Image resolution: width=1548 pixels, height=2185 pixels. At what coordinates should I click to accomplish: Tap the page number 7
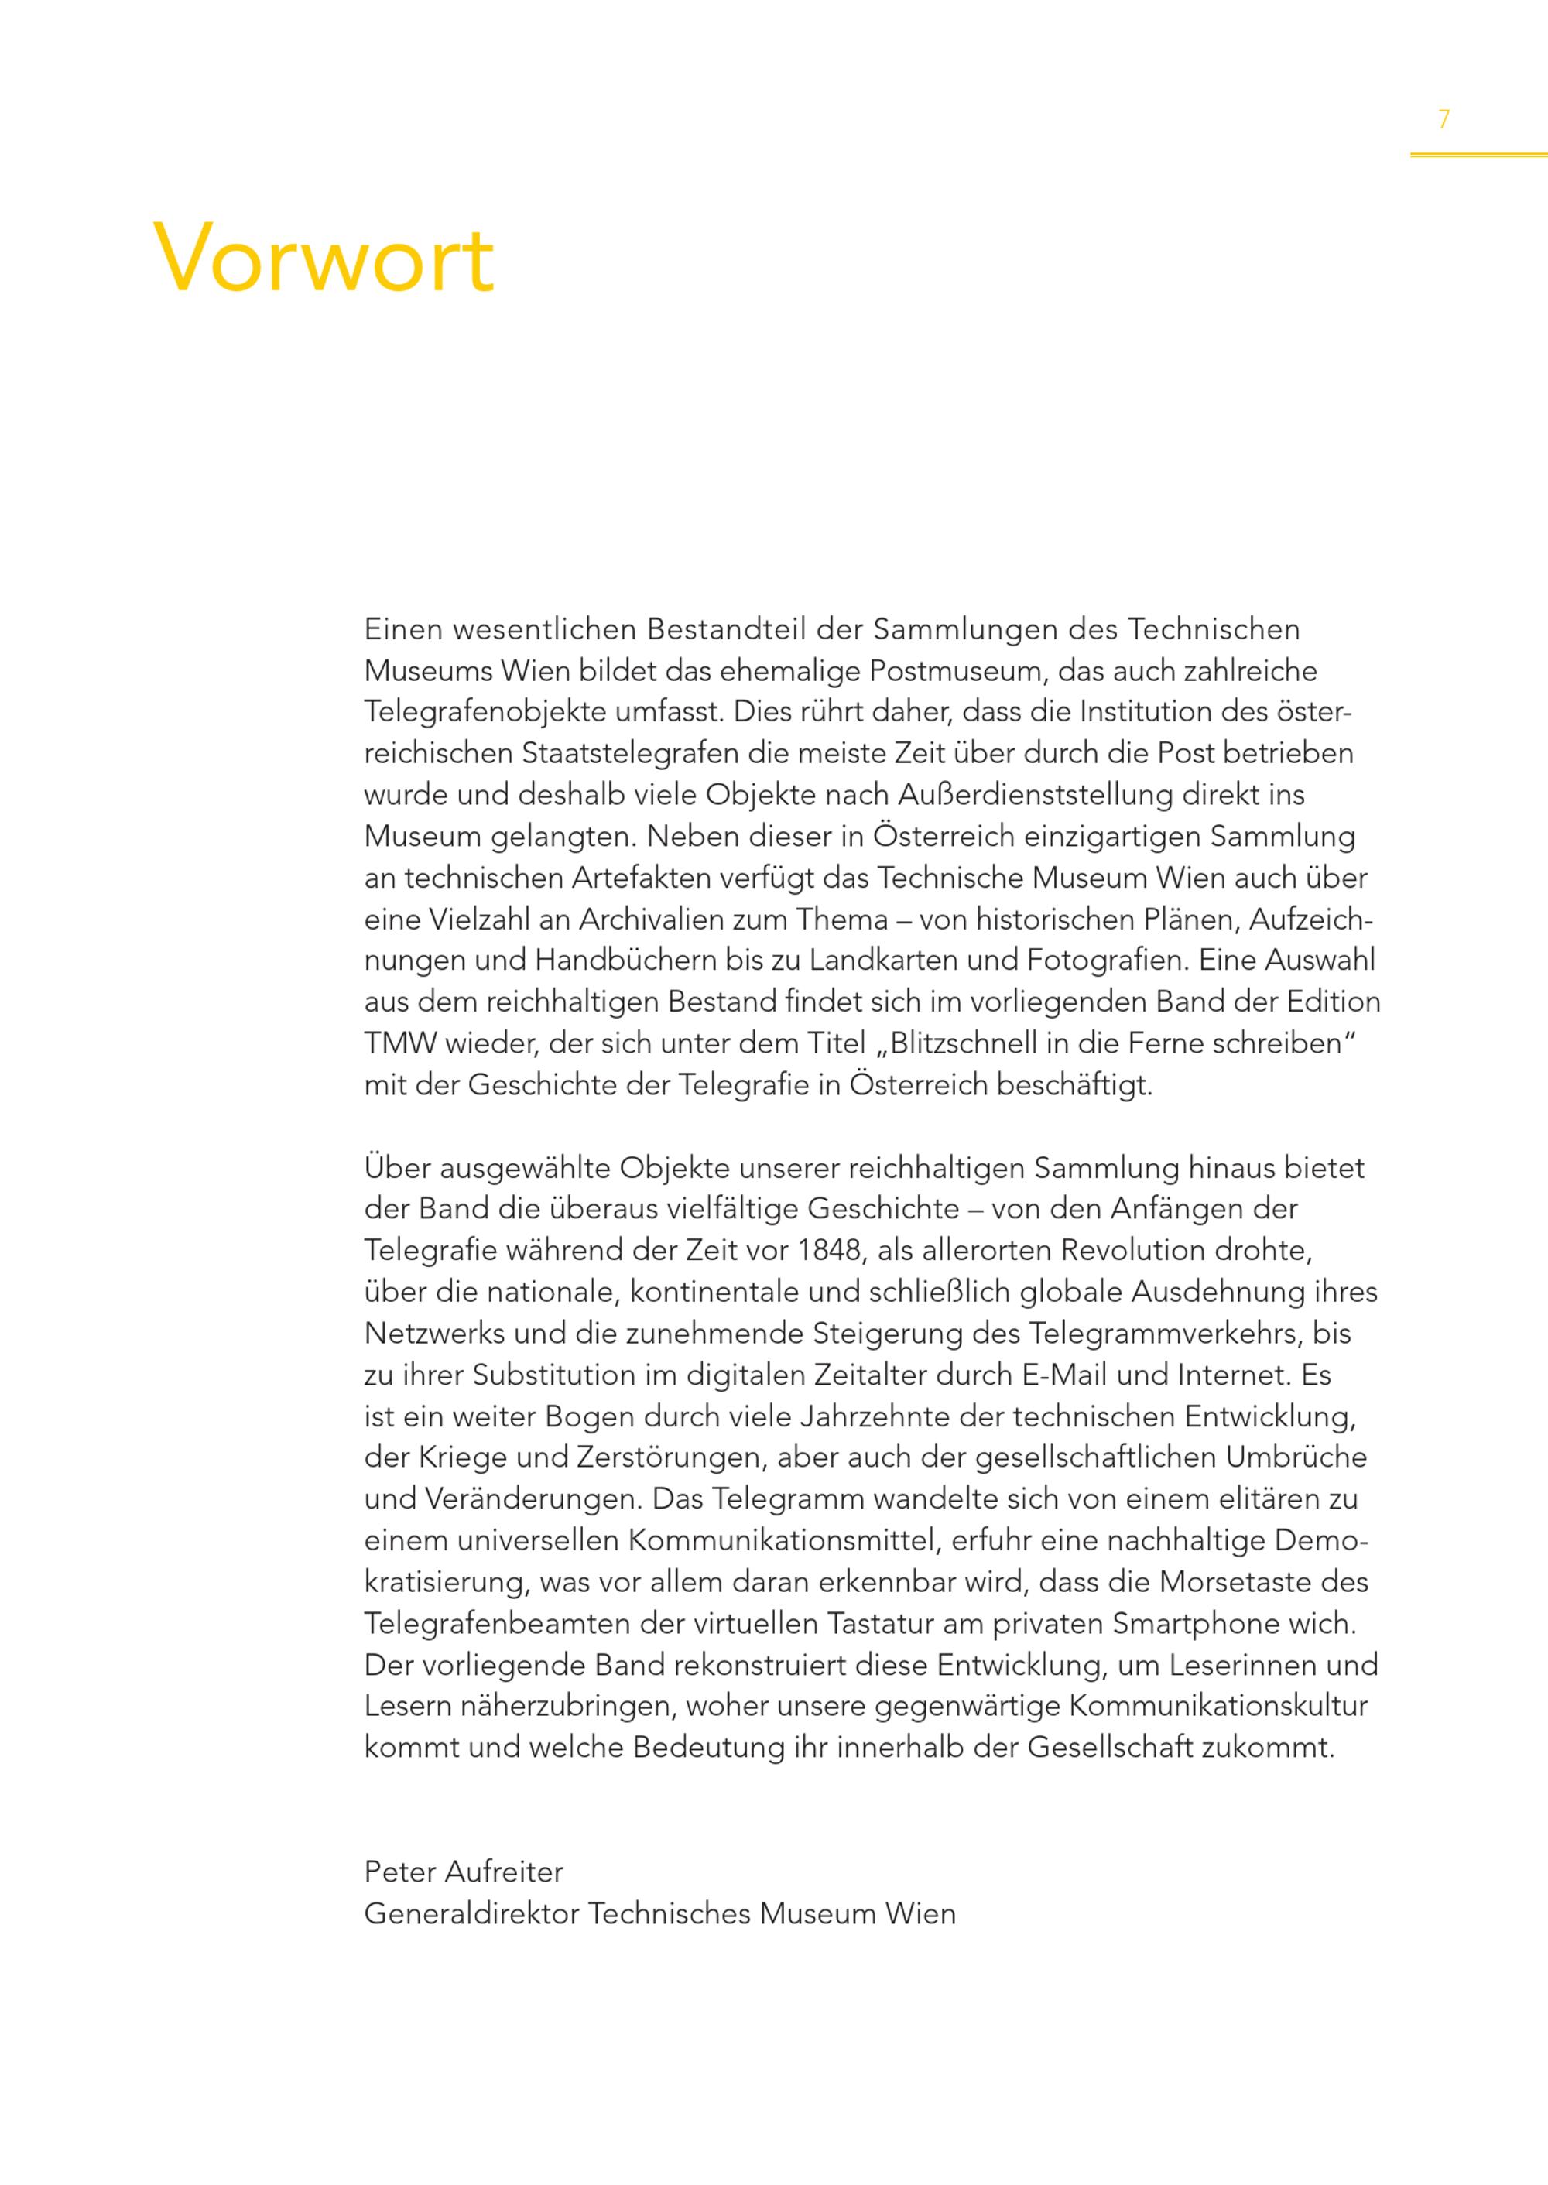[x=1444, y=120]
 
